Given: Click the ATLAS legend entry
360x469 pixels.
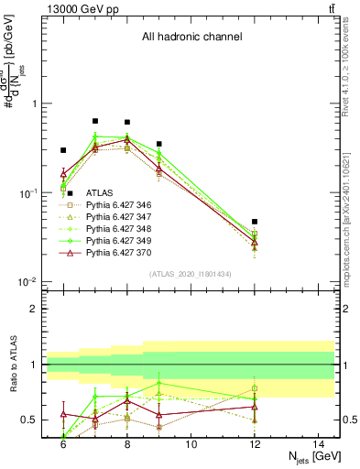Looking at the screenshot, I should pos(99,193).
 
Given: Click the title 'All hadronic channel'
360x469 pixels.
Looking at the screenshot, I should pos(191,38).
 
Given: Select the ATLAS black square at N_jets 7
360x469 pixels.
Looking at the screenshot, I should pos(94,121).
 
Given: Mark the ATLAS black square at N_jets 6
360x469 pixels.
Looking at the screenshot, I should pos(63,150).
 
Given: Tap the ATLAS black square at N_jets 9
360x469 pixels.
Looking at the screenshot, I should pos(158,144).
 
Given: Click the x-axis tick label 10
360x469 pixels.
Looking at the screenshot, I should pos(191,444).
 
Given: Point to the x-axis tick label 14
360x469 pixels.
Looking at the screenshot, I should pos(319,444).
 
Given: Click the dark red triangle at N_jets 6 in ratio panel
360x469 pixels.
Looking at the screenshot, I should pos(63,414).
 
